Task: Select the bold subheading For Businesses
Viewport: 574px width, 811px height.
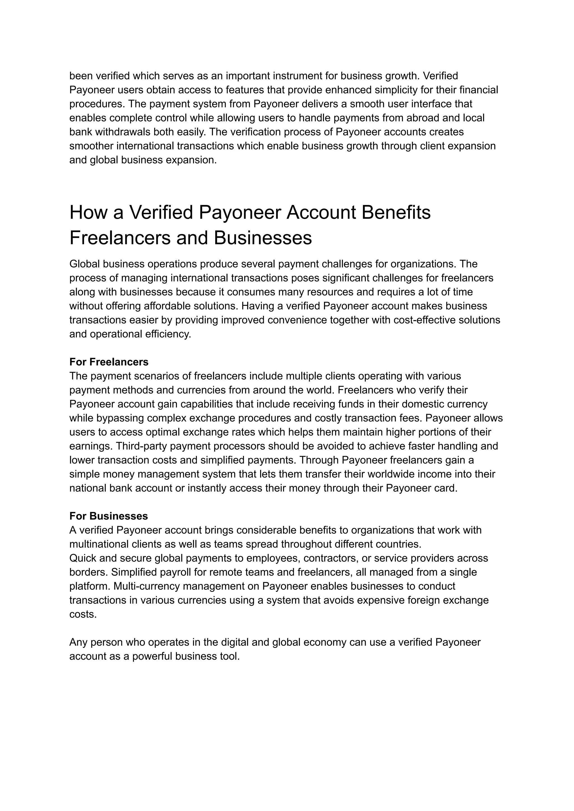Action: point(108,516)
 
